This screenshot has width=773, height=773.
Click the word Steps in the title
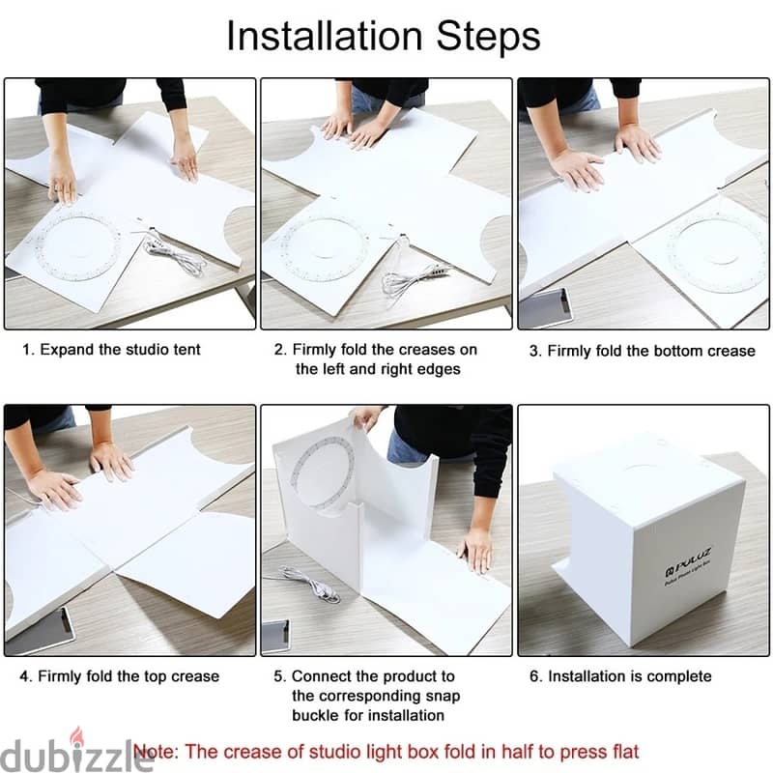coord(487,36)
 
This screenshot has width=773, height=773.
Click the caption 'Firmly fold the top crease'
coord(129,676)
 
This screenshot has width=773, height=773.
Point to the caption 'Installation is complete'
coord(629,676)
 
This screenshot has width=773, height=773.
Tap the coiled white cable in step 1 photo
coord(174,257)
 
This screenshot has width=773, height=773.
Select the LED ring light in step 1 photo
coord(77,246)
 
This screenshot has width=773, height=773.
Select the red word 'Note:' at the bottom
coord(157,751)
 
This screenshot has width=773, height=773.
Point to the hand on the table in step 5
coord(475,549)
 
